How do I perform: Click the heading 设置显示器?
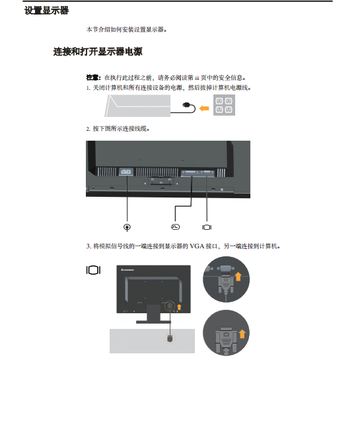[x=46, y=11]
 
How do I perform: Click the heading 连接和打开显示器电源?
[x=98, y=52]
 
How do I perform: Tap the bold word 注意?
[x=92, y=78]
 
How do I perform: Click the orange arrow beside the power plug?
[x=204, y=108]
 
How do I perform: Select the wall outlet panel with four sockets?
[x=224, y=105]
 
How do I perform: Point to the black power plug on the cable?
[x=187, y=105]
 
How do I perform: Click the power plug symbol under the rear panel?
[x=127, y=227]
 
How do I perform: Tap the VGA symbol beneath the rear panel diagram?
[x=207, y=227]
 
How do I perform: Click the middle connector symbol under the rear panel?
[x=175, y=227]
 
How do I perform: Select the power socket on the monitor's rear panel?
[x=126, y=172]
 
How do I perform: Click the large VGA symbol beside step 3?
[x=93, y=270]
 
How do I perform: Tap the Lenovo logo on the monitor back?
[x=127, y=269]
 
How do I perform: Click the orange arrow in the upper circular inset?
[x=238, y=277]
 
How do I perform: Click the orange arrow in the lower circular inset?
[x=242, y=334]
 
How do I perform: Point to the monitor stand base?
[x=153, y=322]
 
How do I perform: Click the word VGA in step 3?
[x=197, y=246]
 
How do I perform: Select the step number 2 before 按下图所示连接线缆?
[x=88, y=129]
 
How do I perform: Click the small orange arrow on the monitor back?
[x=179, y=307]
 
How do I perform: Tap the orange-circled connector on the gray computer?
[x=170, y=338]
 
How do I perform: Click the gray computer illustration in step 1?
[x=137, y=106]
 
